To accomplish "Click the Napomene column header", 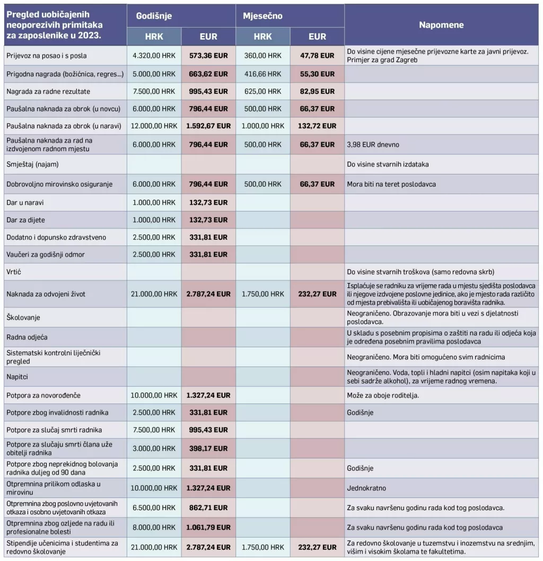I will [441, 25].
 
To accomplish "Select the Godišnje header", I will [154, 16].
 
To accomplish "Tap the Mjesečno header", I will [262, 16].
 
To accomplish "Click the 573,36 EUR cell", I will [208, 56].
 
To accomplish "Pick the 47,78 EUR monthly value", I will [317, 56].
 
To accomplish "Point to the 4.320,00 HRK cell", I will [154, 56].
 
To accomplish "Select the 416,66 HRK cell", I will [263, 74].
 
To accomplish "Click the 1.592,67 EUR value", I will [208, 126].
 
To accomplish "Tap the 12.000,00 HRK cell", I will [154, 126].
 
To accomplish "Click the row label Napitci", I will [18, 375].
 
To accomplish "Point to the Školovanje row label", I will [23, 317].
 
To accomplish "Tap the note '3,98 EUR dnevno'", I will [373, 144].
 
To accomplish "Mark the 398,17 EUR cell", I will [208, 449].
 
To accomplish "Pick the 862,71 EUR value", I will [208, 508].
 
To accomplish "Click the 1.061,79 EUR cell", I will [208, 528].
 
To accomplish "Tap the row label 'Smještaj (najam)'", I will [32, 164].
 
